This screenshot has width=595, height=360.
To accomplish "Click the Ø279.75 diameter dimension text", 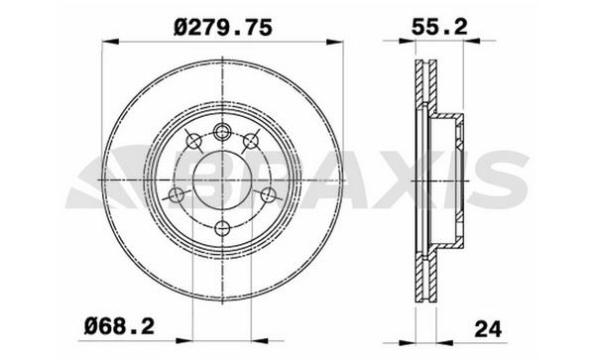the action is [223, 28].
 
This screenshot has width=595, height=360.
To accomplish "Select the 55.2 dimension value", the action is [439, 27].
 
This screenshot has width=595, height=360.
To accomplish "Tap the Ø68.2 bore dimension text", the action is [119, 326].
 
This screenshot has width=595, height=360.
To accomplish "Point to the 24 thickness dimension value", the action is [488, 328].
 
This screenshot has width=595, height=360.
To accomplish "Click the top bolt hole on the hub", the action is [222, 132].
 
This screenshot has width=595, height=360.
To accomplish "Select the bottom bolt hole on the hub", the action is [222, 228].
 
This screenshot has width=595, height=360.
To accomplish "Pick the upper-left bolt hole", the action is [194, 141].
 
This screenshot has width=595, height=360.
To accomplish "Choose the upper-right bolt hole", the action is [251, 141].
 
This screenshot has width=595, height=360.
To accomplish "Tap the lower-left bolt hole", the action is [176, 195].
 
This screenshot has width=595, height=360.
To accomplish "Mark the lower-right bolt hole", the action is [269, 195].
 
